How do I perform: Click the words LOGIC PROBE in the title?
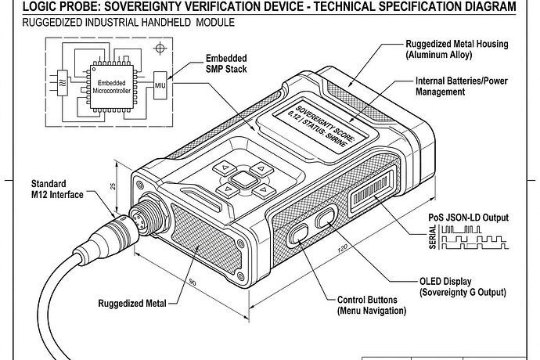49,8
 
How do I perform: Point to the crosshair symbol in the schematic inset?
161,48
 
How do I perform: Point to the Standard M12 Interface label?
54,189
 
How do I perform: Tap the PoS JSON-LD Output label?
469,217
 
